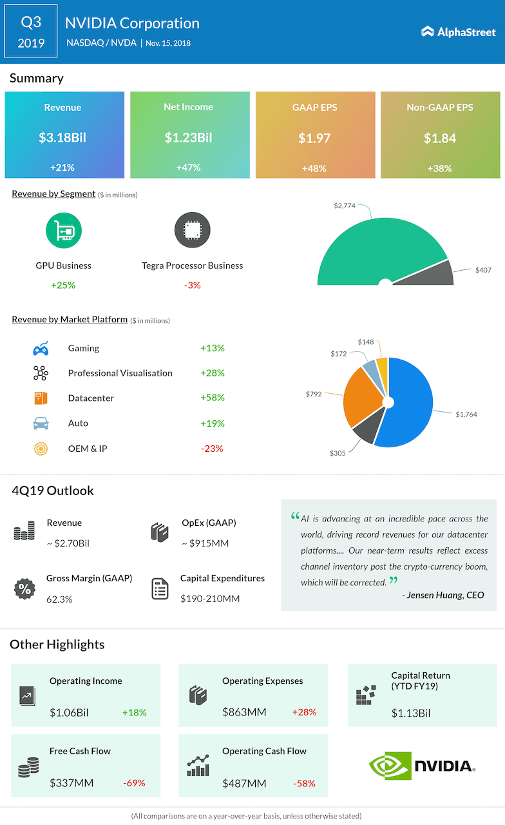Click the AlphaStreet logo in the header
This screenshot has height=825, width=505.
459,32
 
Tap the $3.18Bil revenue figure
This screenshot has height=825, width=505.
63,137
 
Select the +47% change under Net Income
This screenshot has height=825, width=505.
189,168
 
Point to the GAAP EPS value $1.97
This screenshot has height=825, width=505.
314,138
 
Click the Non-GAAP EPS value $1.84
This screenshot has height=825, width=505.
440,138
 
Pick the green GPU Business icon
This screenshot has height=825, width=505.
63,230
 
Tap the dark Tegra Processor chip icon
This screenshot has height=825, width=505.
192,230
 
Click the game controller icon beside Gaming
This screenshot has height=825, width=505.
41,349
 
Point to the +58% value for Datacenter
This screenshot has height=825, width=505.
212,398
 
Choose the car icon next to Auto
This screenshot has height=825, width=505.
41,423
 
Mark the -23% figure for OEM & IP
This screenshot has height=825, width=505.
212,449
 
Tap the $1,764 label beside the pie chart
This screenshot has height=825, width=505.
466,414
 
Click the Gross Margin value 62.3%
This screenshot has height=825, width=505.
59,599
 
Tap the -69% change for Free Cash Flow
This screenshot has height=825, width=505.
134,783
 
